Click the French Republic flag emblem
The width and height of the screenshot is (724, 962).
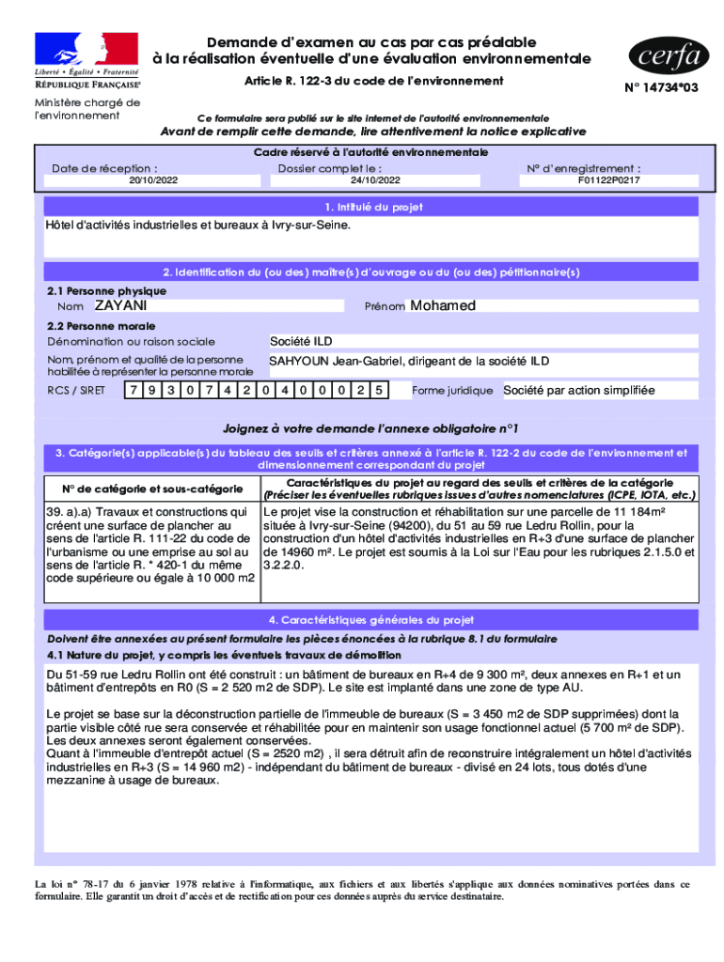click(87, 48)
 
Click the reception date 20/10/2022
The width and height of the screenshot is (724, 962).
click(153, 180)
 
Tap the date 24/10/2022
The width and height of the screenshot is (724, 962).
click(375, 180)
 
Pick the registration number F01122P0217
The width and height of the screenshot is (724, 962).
click(608, 180)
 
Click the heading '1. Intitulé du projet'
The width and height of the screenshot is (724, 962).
click(373, 207)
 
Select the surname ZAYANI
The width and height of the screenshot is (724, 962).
click(120, 306)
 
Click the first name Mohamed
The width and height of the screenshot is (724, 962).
click(443, 306)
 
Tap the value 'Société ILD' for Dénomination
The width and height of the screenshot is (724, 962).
click(301, 341)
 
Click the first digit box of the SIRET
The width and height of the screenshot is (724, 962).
click(134, 390)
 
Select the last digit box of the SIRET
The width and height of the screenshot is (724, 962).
click(378, 390)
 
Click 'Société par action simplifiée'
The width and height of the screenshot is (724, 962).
click(578, 390)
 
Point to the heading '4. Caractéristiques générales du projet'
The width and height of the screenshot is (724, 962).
click(371, 620)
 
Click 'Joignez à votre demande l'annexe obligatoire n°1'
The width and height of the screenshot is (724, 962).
click(370, 427)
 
